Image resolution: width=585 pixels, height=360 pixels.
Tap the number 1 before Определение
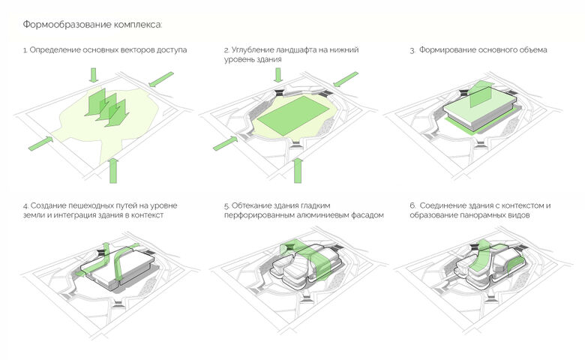[x=25, y=50]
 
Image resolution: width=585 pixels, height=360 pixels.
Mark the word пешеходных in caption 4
[x=100, y=205]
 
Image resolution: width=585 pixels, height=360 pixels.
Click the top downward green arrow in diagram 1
[x=93, y=74]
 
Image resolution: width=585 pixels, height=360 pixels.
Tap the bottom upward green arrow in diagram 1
[x=114, y=171]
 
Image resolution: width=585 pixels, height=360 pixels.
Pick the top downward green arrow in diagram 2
[x=278, y=74]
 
